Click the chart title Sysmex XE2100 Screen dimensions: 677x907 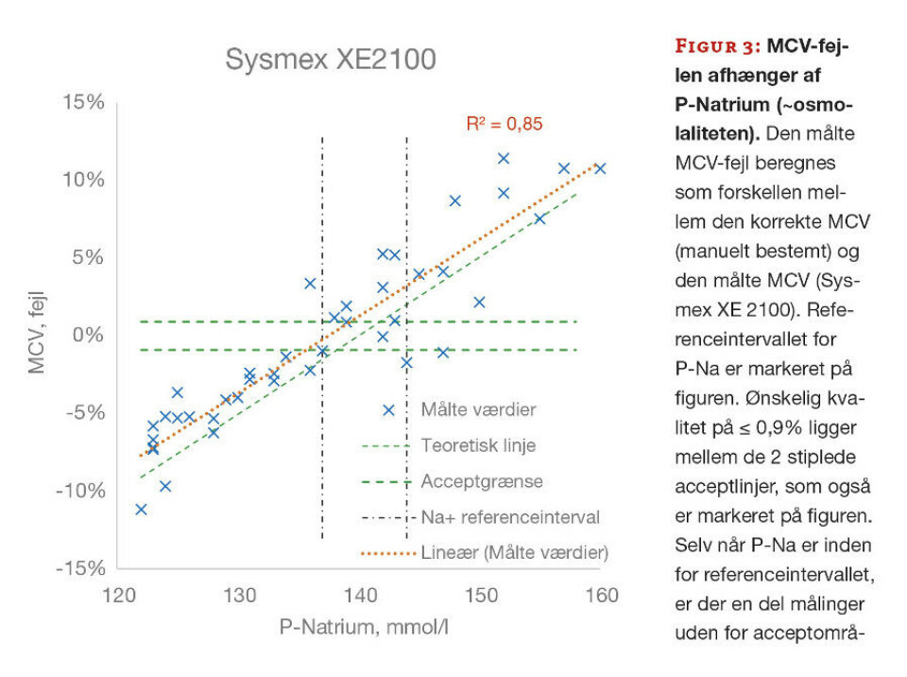tap(330, 60)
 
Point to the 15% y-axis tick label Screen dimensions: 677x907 tap(83, 102)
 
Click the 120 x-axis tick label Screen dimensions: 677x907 tap(118, 596)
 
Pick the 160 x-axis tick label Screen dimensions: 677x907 tap(601, 596)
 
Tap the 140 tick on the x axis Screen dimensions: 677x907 tap(360, 596)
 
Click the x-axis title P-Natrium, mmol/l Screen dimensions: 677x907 tap(364, 626)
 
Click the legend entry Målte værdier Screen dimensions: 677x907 tap(478, 410)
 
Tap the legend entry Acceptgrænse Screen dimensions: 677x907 tap(482, 481)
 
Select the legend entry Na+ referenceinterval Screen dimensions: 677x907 tap(510, 517)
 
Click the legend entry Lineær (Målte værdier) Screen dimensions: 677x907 tap(514, 552)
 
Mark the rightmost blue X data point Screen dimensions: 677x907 tap(599, 168)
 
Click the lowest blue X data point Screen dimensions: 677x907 tap(141, 510)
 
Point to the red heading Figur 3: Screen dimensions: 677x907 tap(714, 46)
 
